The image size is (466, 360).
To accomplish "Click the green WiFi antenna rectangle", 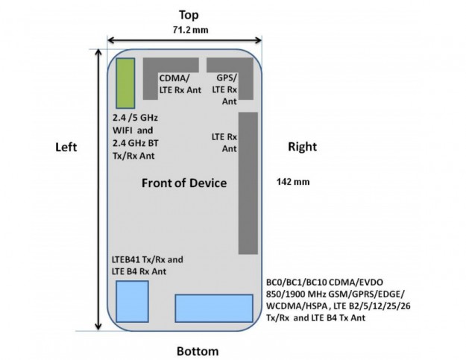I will click(x=125, y=83).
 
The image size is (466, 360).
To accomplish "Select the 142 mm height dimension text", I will click(x=289, y=181).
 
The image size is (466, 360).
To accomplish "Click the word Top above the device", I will click(x=188, y=14).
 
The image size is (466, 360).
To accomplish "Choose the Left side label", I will click(x=66, y=148).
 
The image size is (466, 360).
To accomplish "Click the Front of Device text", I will click(x=184, y=183).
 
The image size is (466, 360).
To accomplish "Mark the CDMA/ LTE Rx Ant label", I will click(x=179, y=84).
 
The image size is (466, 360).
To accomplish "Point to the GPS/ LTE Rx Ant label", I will click(x=227, y=89).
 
